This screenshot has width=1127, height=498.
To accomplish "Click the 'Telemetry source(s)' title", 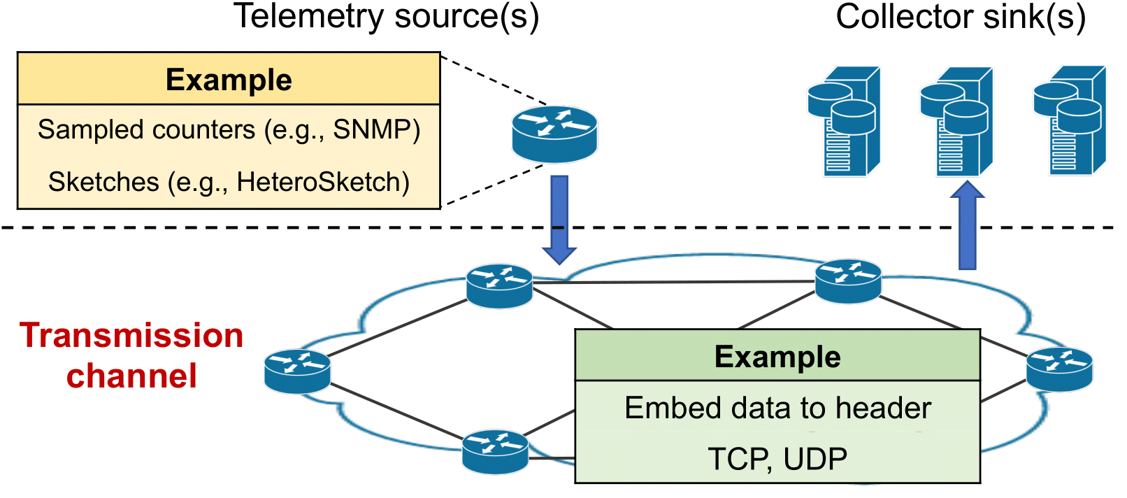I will click(x=386, y=17).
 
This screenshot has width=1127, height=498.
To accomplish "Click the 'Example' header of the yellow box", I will click(x=229, y=80).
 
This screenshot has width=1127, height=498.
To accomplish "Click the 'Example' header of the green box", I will click(x=777, y=357).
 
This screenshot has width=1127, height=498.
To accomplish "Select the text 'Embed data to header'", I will click(x=777, y=408).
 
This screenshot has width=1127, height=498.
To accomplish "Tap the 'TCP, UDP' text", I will click(x=777, y=460).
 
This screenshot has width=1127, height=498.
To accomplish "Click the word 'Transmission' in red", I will click(x=131, y=336).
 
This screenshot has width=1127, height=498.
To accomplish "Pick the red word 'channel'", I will click(x=131, y=376).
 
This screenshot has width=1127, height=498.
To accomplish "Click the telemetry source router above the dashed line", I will click(x=554, y=134).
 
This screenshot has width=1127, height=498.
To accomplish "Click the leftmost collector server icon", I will click(x=844, y=121).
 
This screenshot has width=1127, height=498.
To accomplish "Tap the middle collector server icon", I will click(x=956, y=121).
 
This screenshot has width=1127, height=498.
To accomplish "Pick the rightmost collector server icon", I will click(x=1070, y=121).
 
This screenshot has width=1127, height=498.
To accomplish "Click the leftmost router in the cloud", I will click(x=297, y=371).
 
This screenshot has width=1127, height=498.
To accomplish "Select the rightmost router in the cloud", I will click(x=1059, y=369).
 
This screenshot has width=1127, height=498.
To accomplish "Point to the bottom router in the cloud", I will click(x=495, y=451).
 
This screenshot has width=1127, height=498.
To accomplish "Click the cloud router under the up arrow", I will click(x=848, y=281).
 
